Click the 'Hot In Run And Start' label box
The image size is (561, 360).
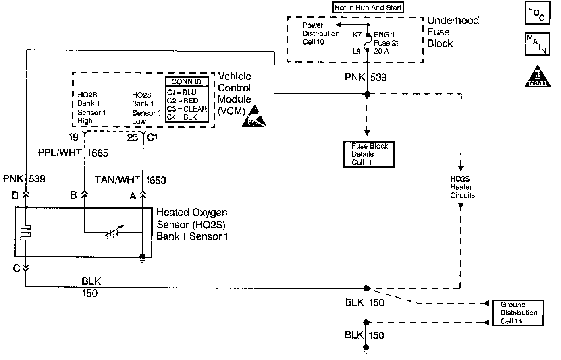tap(368, 7)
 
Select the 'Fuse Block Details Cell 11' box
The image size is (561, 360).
tap(369, 154)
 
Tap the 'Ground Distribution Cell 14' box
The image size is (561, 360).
tap(518, 313)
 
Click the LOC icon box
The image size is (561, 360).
tap(537, 13)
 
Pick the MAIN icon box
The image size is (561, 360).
tap(537, 44)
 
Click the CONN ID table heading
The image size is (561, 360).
tap(187, 82)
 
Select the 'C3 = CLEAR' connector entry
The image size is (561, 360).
tap(187, 109)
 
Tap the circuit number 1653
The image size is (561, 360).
tap(156, 180)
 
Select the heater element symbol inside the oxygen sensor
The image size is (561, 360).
tap(26, 233)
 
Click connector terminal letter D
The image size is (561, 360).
tap(15, 195)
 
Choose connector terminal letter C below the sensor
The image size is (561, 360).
tap(16, 268)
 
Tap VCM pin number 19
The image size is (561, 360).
tap(73, 137)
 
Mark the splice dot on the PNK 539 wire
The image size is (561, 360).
tap(367, 94)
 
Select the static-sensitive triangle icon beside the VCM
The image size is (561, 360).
tap(254, 117)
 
